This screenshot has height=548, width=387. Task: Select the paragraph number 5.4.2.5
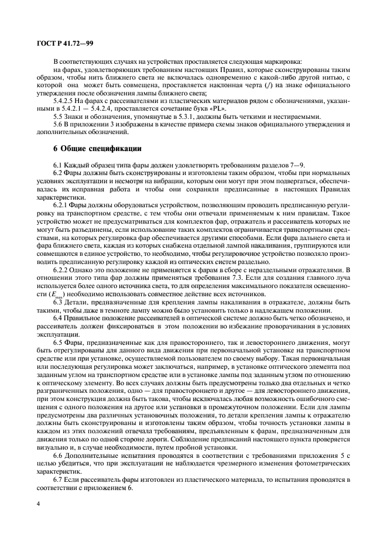tap(64, 101)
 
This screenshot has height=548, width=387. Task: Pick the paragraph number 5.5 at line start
tap(57, 117)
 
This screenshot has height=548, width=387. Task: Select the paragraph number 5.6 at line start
tap(57, 125)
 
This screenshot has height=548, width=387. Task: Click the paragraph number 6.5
tap(57, 342)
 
